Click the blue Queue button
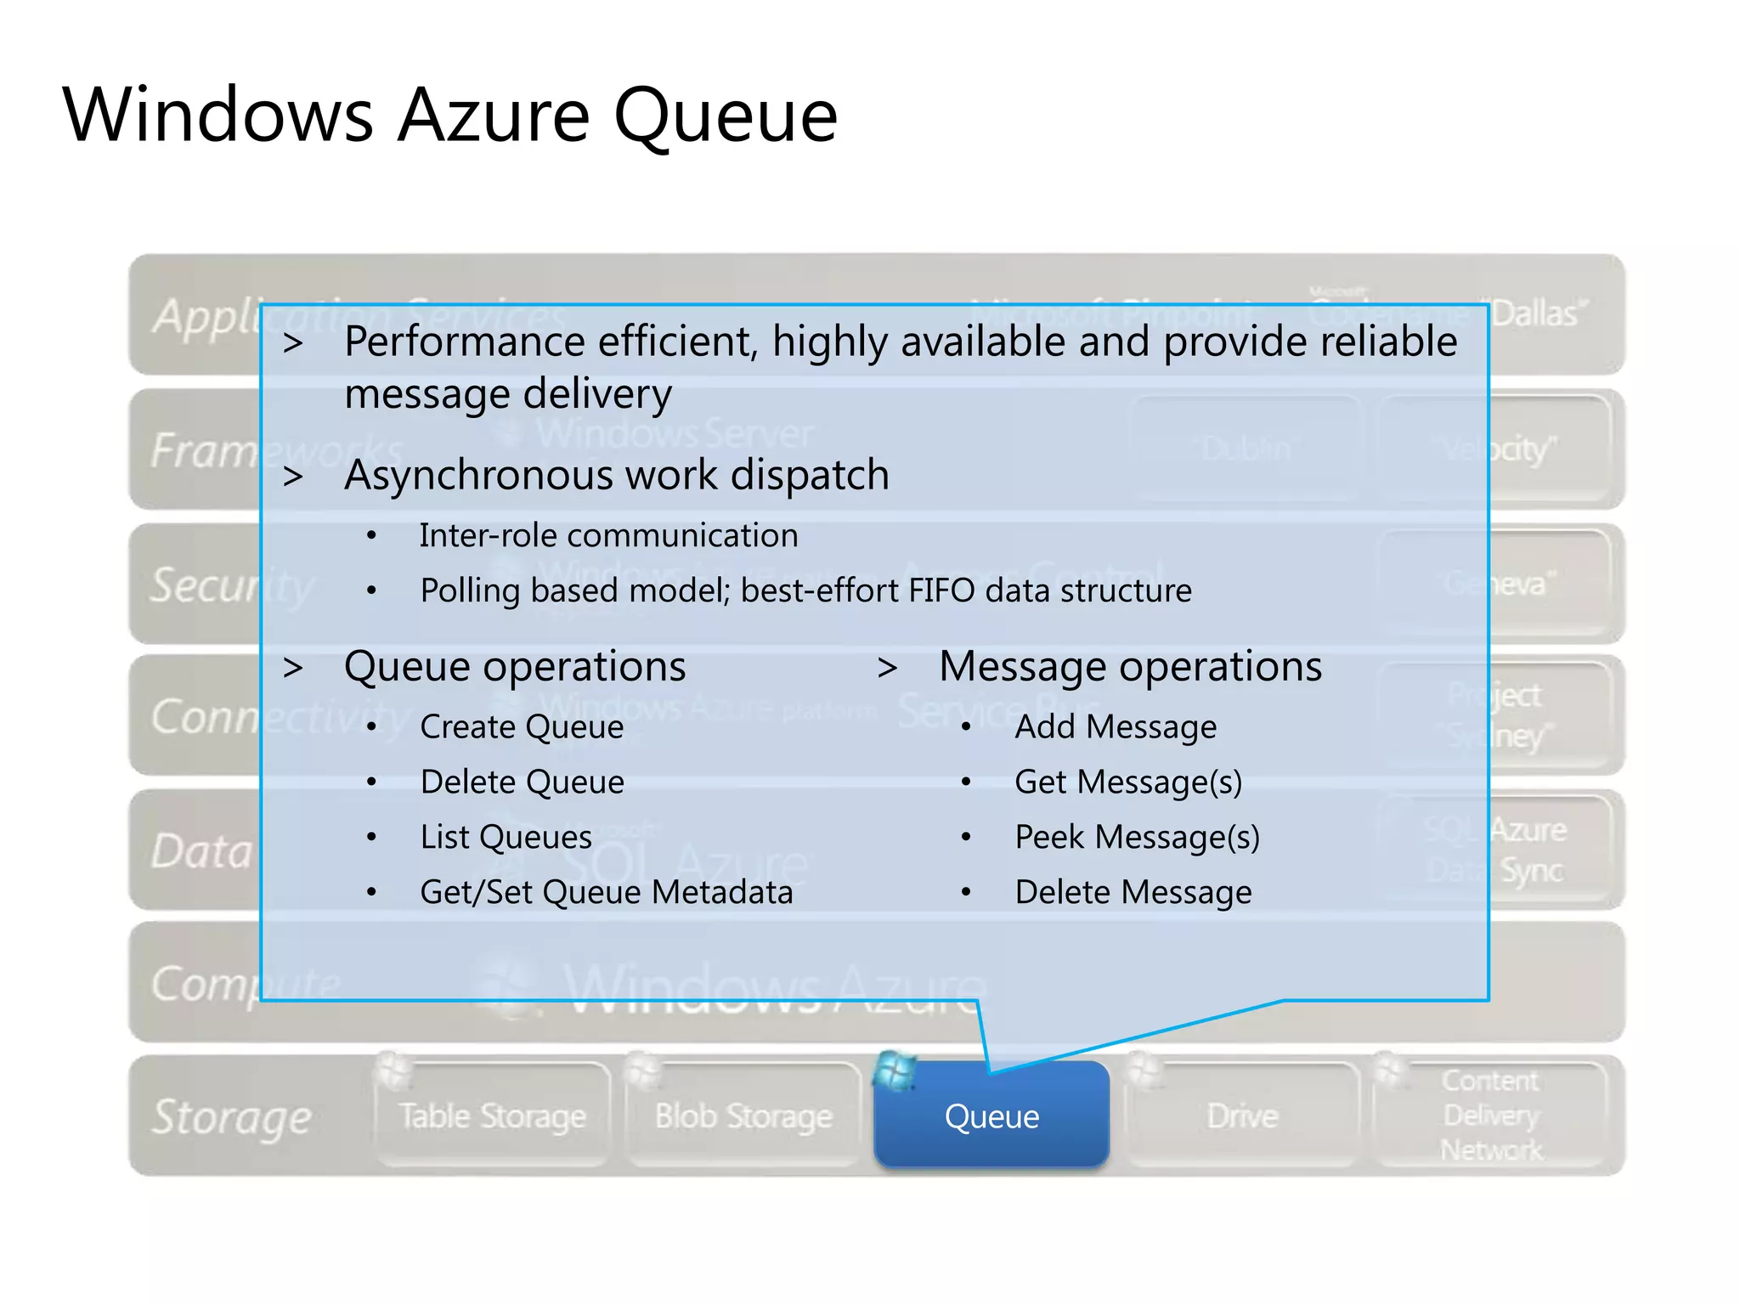[991, 1116]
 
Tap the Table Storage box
[493, 1116]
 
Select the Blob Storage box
[743, 1116]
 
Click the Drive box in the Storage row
[1242, 1116]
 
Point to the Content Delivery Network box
[1491, 1116]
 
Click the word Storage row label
[232, 1116]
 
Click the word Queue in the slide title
[726, 116]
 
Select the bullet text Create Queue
[522, 727]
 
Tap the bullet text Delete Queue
[523, 782]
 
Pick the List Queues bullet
[506, 838]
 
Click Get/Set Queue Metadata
[607, 893]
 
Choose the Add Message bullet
[1116, 727]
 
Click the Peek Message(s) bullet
[1137, 838]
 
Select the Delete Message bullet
[1133, 893]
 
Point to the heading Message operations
[1130, 667]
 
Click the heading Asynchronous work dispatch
[617, 475]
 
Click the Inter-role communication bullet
[608, 536]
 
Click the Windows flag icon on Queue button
[895, 1071]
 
